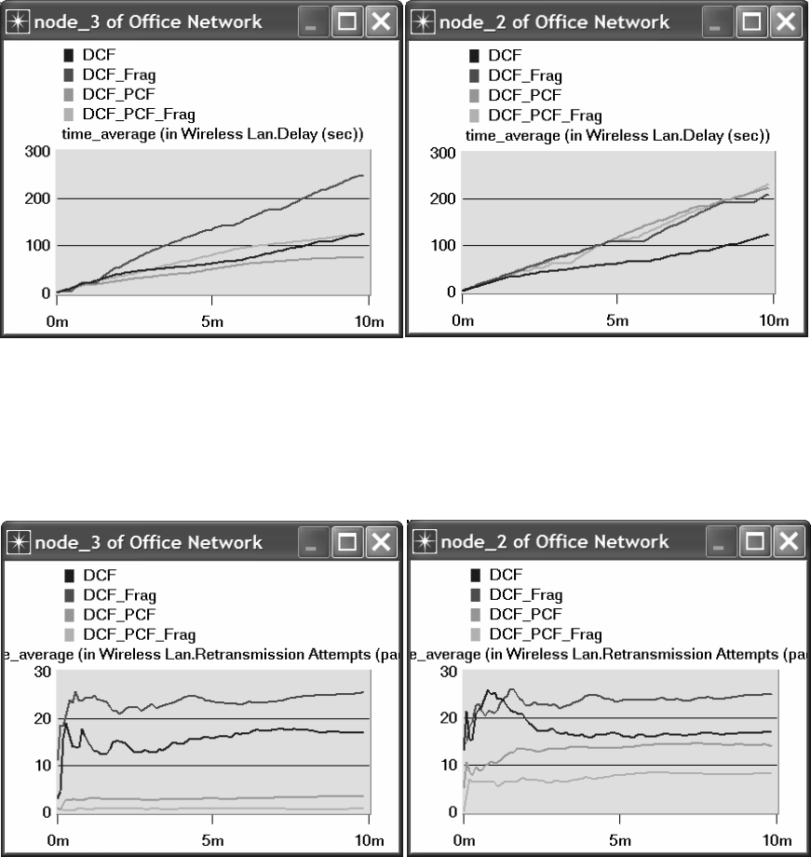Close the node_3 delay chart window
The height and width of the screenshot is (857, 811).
379,21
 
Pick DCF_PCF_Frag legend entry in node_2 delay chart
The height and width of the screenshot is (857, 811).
546,116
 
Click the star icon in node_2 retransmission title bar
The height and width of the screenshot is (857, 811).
424,541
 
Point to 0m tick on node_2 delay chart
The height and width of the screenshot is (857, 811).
463,320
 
